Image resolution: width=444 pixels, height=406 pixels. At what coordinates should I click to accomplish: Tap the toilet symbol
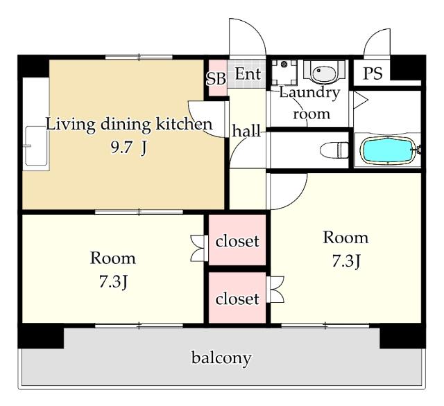pos(334,150)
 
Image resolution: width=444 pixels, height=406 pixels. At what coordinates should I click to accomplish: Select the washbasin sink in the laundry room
pos(324,71)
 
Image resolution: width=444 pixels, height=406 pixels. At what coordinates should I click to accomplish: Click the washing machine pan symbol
pos(284,72)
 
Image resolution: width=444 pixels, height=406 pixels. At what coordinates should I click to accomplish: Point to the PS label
pos(373,73)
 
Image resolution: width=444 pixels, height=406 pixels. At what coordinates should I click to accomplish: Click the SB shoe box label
pos(216,78)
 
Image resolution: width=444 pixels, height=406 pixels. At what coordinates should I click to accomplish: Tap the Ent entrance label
pos(248,73)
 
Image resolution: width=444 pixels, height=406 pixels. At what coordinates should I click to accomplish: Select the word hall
pos(246,131)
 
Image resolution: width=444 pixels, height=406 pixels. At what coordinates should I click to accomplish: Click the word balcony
pos(221,358)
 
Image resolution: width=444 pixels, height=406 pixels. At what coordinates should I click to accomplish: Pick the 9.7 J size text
pos(129,148)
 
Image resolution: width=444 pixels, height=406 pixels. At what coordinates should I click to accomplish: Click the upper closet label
pos(237,241)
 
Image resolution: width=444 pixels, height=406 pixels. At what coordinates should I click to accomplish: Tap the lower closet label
pos(237,299)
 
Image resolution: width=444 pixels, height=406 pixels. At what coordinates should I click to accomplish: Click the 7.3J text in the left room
pos(113,281)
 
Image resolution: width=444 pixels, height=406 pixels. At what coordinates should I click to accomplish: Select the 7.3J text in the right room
pos(345,261)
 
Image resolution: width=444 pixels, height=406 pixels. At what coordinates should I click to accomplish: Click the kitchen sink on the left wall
pos(36,146)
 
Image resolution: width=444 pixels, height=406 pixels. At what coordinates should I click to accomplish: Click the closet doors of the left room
pos(199,248)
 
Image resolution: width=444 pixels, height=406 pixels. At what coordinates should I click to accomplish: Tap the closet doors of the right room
pos(275,290)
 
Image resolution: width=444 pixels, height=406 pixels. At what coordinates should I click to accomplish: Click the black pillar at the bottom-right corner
pos(402,336)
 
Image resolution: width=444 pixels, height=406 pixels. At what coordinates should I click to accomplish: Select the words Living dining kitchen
pos(129,125)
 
